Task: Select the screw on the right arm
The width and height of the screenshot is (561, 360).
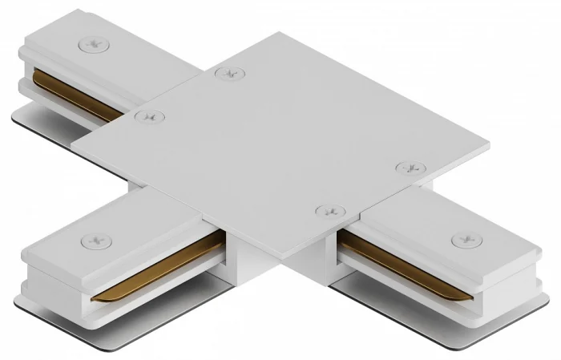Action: tap(463, 240)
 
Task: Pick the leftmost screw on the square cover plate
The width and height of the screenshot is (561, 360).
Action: tap(147, 116)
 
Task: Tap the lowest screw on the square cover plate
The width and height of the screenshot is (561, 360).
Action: tap(329, 211)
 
